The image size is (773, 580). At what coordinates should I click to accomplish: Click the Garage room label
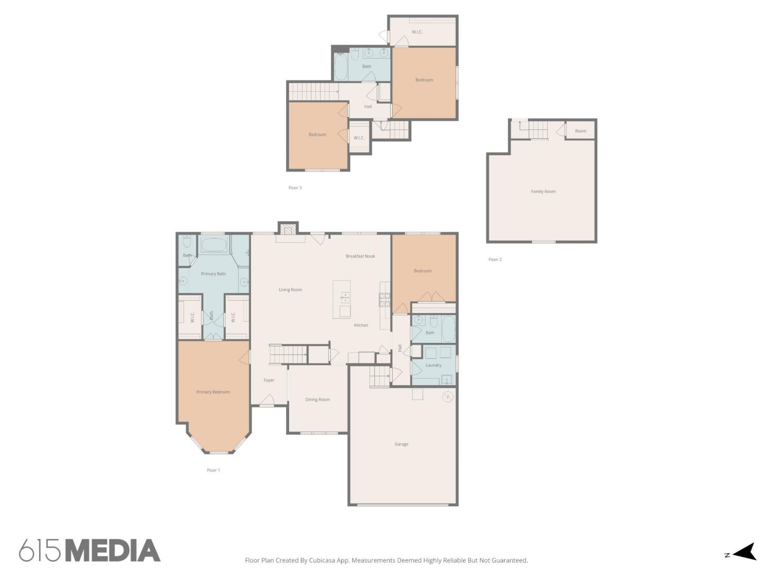(x=401, y=444)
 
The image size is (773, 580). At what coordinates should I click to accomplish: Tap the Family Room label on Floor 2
(x=543, y=192)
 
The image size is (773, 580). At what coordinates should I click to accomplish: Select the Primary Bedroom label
(x=213, y=392)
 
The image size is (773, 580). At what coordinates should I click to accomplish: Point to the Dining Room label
(x=317, y=400)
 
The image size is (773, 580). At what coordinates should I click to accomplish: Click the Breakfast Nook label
(x=360, y=256)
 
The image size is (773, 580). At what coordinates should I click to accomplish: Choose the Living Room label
(x=290, y=289)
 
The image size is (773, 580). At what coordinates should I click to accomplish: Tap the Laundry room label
(x=433, y=365)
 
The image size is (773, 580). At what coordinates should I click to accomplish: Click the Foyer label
(x=268, y=380)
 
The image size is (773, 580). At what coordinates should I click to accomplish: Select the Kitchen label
(x=361, y=325)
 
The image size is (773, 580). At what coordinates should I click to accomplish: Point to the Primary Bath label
(x=213, y=274)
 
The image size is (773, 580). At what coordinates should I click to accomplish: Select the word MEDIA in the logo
(x=113, y=551)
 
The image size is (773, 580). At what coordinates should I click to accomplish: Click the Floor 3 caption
(x=295, y=188)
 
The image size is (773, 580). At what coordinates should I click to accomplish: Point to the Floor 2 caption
(x=495, y=259)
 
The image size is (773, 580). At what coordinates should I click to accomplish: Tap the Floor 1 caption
(x=213, y=470)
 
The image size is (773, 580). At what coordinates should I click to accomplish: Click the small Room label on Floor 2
(x=580, y=131)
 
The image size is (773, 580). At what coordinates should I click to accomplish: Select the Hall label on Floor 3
(x=368, y=106)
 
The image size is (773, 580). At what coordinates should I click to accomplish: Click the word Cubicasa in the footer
(x=322, y=560)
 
